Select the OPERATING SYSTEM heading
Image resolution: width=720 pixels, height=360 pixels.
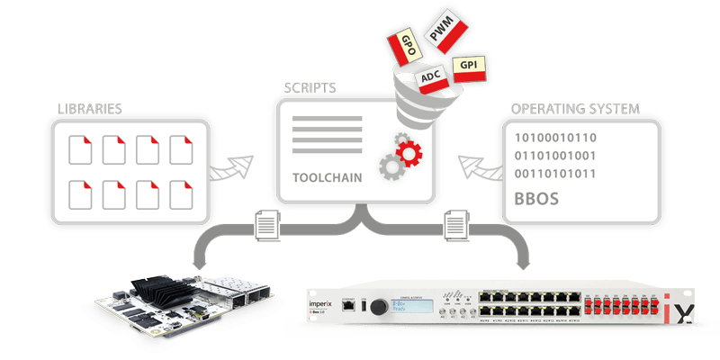click(x=575, y=109)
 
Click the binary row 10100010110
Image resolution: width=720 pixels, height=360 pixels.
click(x=556, y=138)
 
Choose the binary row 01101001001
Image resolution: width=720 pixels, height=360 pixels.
click(x=556, y=157)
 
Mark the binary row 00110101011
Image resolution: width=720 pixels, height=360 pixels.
click(x=556, y=175)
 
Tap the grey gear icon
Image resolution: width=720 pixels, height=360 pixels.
click(x=390, y=166)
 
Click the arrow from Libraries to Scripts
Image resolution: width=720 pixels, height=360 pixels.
click(x=238, y=167)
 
